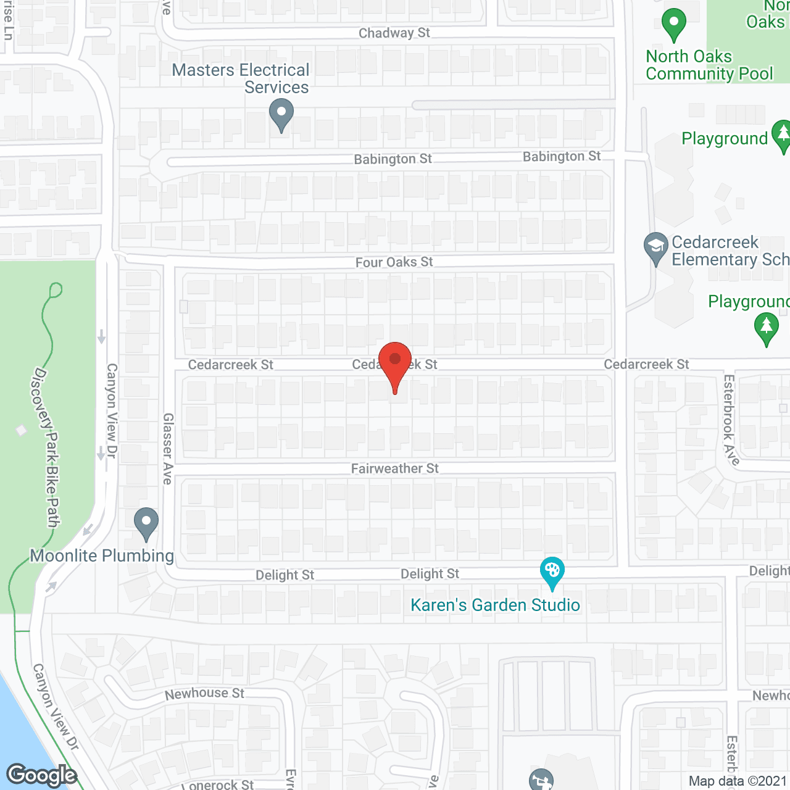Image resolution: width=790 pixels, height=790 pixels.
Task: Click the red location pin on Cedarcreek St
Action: click(395, 364)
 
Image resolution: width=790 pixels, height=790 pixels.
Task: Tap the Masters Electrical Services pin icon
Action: click(281, 115)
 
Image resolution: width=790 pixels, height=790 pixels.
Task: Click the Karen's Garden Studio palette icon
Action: click(552, 572)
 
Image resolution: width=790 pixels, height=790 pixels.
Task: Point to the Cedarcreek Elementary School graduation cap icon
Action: click(655, 247)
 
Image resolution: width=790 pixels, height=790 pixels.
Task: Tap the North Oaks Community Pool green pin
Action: click(674, 24)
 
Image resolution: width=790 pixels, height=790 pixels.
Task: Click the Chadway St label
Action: click(394, 33)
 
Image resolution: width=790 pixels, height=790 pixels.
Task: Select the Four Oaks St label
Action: click(394, 262)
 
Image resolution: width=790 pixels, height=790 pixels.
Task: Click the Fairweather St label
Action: click(395, 468)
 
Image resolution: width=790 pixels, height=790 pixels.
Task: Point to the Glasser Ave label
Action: click(168, 448)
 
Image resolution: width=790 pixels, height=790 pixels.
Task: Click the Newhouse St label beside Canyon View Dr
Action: click(204, 694)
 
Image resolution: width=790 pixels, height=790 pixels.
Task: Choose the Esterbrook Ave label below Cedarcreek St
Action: click(731, 420)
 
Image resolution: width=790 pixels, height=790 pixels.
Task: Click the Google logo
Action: click(42, 775)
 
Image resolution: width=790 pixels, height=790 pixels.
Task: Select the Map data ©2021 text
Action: click(738, 781)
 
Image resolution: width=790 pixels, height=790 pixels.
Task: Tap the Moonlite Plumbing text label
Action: click(102, 555)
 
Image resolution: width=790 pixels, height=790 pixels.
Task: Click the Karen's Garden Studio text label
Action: click(496, 605)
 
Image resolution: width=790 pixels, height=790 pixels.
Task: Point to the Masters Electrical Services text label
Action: click(241, 78)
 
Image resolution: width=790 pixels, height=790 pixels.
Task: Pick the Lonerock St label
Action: click(219, 784)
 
